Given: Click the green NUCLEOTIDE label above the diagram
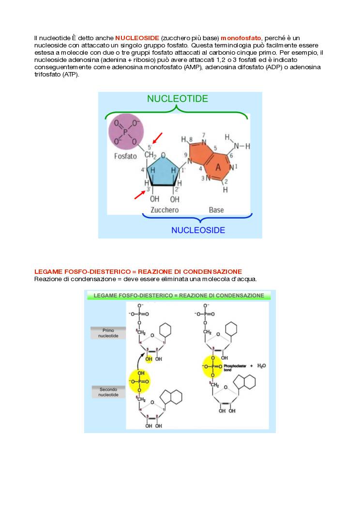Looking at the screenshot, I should [x=178, y=99].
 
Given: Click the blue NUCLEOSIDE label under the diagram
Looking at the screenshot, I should [x=198, y=230].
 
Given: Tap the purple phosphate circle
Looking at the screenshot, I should [x=125, y=131].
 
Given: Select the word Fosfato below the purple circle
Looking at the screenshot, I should [x=125, y=156].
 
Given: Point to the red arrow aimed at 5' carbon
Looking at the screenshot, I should [x=157, y=137].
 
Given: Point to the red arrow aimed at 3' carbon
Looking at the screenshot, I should [x=139, y=195].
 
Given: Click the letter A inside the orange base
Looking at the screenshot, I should [x=218, y=167].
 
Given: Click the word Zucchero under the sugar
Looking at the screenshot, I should [x=165, y=210].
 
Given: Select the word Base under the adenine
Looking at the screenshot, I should [x=216, y=210].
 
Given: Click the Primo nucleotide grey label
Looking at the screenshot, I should [x=108, y=333].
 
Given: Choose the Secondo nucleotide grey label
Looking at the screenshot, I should [x=108, y=392].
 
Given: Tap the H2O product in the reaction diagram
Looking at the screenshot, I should [x=261, y=366].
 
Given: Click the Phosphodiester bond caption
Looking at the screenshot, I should [x=235, y=367].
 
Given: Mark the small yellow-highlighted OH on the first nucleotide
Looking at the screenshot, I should [x=149, y=359].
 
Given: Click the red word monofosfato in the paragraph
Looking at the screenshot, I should [x=241, y=38].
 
